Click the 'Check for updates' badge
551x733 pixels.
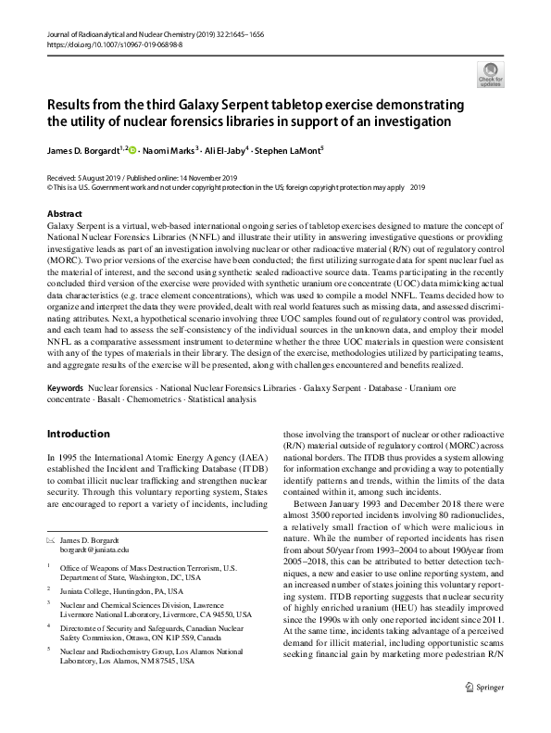point(490,74)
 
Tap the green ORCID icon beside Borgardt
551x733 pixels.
point(133,150)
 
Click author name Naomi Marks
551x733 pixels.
point(171,150)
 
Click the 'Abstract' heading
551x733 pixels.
point(63,214)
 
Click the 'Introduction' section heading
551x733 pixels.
point(78,433)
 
